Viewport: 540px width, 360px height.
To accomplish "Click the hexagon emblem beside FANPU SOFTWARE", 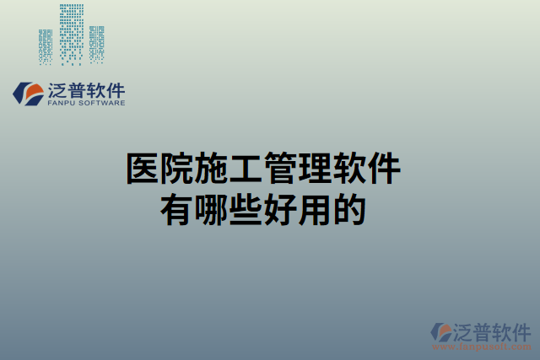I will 29,94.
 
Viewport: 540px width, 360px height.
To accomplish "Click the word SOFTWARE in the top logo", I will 104,103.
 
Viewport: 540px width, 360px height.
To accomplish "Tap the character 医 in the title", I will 143,169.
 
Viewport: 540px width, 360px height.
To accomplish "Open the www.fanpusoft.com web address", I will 482,347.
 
